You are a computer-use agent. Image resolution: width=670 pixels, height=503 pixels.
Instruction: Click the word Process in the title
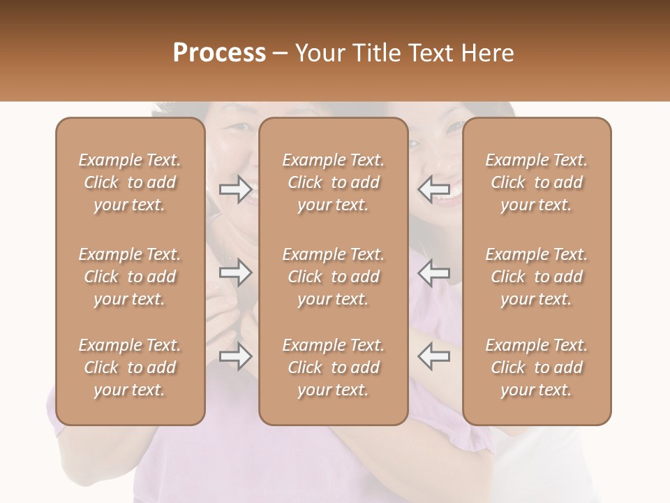[x=219, y=53]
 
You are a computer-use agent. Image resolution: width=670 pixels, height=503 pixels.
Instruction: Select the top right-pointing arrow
[x=235, y=188]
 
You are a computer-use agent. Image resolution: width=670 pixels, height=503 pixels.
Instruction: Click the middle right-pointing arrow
[x=235, y=272]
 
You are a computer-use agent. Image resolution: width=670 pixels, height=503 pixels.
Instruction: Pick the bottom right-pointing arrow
[x=235, y=357]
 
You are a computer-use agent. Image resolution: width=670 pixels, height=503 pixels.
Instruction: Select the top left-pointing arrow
[x=433, y=188]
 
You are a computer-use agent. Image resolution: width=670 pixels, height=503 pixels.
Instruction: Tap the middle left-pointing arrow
[x=433, y=272]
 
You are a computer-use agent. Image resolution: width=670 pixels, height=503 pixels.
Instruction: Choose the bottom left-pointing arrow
[x=433, y=357]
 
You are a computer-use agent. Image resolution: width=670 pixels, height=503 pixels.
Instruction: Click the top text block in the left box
[x=130, y=182]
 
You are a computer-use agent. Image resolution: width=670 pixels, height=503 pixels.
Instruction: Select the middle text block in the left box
[x=130, y=277]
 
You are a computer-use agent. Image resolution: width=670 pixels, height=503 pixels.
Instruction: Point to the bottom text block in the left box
[x=130, y=367]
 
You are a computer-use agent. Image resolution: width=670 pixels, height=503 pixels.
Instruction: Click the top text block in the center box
[x=333, y=182]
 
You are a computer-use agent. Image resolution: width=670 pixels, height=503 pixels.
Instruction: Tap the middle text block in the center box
[x=333, y=277]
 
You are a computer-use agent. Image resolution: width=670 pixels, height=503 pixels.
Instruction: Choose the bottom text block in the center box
[x=333, y=367]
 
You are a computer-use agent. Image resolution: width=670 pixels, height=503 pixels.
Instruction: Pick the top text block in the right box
[x=536, y=182]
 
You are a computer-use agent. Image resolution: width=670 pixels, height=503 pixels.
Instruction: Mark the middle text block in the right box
[x=536, y=277]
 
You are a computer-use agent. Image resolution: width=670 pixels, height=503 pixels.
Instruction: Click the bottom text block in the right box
[x=536, y=367]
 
